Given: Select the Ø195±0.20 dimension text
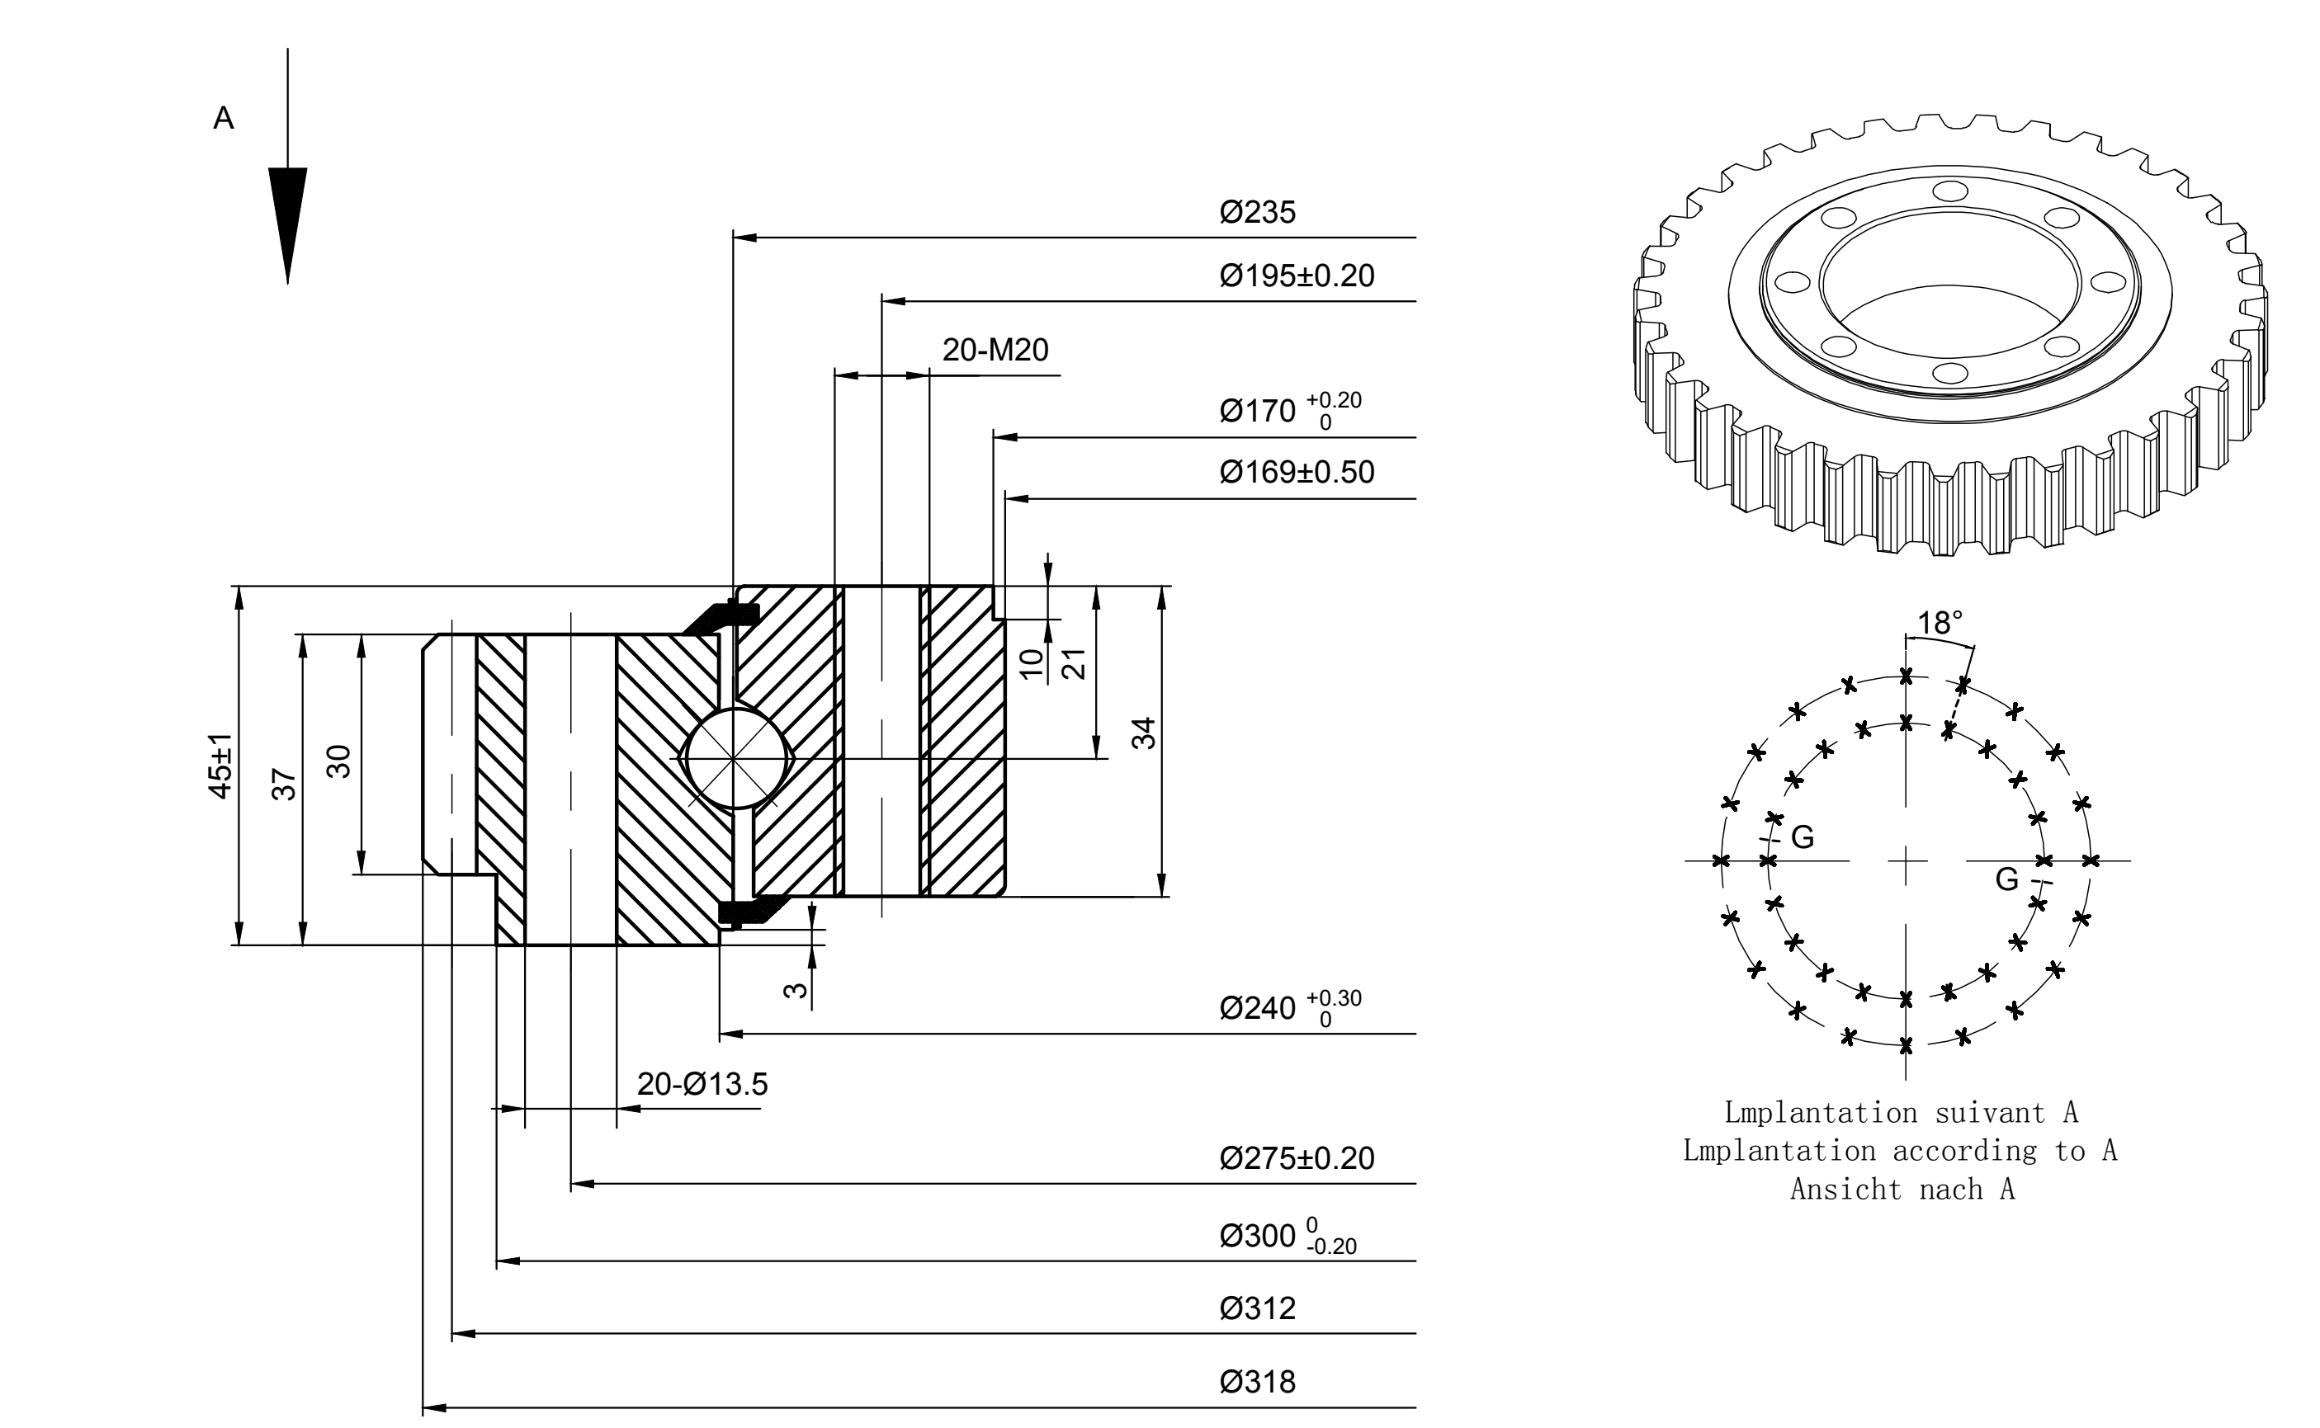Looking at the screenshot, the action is tap(1297, 276).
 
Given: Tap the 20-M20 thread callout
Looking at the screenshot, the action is tap(995, 351).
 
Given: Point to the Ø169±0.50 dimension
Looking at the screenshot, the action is tap(1297, 472).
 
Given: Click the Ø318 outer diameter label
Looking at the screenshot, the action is tap(1257, 1383).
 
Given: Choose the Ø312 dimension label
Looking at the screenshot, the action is tap(1257, 1309).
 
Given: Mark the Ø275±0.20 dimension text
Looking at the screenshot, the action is tap(1297, 1159).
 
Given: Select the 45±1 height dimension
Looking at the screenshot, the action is tap(221, 766).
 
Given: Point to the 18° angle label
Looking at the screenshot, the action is tap(1940, 624).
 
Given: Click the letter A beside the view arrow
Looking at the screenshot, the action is tap(224, 119).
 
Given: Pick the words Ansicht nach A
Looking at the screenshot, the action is tap(1902, 1189).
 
